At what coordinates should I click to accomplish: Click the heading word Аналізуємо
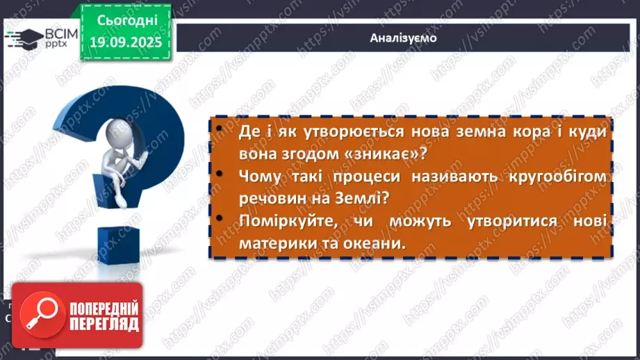[403, 38]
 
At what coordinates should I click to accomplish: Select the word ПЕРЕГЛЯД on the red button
[104, 324]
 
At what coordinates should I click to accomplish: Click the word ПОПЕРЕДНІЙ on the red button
[104, 308]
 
